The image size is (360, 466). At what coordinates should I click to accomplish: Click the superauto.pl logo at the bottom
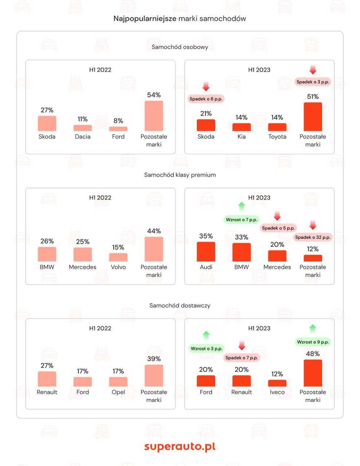pos(180,446)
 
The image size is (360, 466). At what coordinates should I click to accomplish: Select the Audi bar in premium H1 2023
pos(206,252)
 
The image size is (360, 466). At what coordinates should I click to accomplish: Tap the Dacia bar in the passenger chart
pos(83,128)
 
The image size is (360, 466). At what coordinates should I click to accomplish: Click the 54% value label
pos(154,95)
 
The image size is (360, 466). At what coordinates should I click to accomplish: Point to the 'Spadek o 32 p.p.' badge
pos(313,237)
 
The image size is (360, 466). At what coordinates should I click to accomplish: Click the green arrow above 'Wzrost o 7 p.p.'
pos(242,207)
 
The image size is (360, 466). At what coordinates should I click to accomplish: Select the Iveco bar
pos(277,383)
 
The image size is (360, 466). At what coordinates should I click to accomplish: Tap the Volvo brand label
pos(118,267)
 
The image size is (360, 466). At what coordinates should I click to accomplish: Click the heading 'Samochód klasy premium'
pos(180,175)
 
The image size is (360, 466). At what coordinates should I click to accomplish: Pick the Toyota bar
pos(277,127)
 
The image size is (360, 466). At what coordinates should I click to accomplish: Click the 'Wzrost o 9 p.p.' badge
pos(313,342)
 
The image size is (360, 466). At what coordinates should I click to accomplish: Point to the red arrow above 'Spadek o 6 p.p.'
pos(206,87)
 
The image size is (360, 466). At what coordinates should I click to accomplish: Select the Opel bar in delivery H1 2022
pos(118,382)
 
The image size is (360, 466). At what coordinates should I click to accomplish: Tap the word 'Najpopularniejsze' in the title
pos(145,19)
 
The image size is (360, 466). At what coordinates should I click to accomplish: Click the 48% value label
pos(313,354)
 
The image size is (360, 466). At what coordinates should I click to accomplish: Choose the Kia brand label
pos(242,137)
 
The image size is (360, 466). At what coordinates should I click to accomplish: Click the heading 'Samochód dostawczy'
pos(180,305)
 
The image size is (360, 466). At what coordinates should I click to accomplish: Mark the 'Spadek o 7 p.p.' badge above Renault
pos(242,358)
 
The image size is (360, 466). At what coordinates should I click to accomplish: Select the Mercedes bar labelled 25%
pos(83,254)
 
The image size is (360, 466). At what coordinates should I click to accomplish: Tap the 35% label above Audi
pos(206,236)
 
